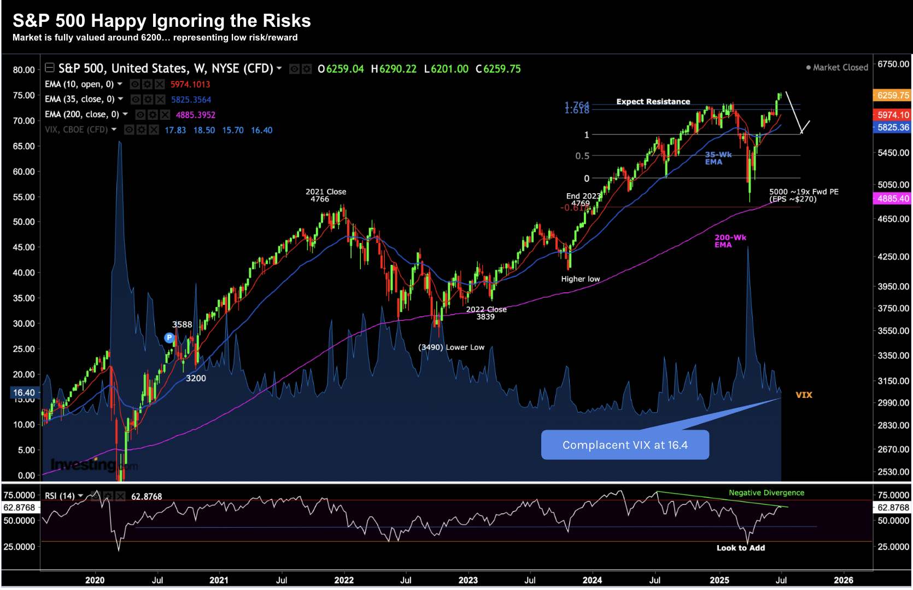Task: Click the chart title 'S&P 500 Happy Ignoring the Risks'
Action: pyautogui.click(x=161, y=21)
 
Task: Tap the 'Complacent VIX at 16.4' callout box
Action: pyautogui.click(x=625, y=445)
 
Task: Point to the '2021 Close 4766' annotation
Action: pyautogui.click(x=325, y=195)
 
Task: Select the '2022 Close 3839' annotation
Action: pyautogui.click(x=486, y=313)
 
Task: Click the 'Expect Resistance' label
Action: pyautogui.click(x=653, y=102)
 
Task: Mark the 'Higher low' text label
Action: pyautogui.click(x=580, y=279)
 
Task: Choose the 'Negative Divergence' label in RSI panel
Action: pyautogui.click(x=766, y=493)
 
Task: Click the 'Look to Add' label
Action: pyautogui.click(x=740, y=548)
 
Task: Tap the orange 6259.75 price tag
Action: pyautogui.click(x=893, y=95)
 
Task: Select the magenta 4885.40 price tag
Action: pyautogui.click(x=893, y=199)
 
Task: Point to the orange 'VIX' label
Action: pyautogui.click(x=804, y=395)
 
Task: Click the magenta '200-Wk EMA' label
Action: pyautogui.click(x=730, y=241)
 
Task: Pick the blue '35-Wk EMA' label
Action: pyautogui.click(x=718, y=158)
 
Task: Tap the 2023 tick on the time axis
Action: pyautogui.click(x=468, y=580)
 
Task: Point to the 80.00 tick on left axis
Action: pyautogui.click(x=24, y=70)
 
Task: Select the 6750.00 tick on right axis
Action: pyautogui.click(x=893, y=64)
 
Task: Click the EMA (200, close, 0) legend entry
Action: pyautogui.click(x=82, y=114)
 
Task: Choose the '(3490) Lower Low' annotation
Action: pyautogui.click(x=451, y=348)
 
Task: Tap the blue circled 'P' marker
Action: pyautogui.click(x=169, y=338)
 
